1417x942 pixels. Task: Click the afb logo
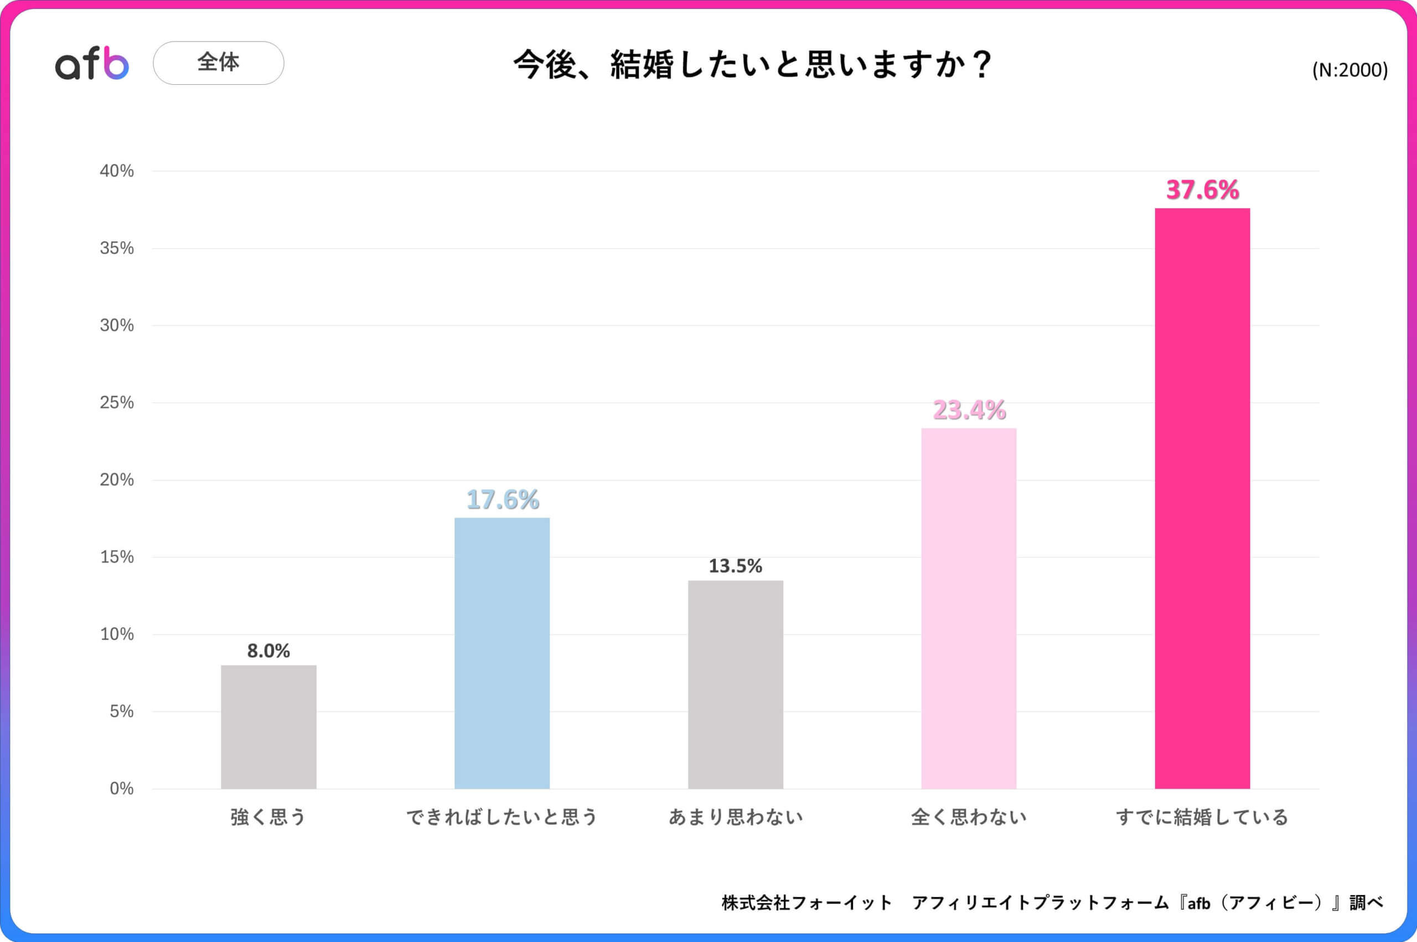click(92, 63)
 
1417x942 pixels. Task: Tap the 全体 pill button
click(218, 63)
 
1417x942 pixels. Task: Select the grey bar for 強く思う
click(268, 727)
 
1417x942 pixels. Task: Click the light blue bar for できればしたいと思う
click(502, 653)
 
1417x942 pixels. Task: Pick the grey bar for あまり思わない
click(736, 684)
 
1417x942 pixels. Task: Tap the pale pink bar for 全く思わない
click(969, 608)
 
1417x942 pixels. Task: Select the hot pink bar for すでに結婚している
click(1202, 498)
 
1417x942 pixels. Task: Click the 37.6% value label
click(1202, 190)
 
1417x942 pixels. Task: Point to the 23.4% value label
click(969, 410)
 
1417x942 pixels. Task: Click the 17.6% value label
click(502, 499)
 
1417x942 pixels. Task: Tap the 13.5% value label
click(736, 566)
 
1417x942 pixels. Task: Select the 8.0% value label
click(268, 651)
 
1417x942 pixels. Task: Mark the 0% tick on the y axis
click(121, 789)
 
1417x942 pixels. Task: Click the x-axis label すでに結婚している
click(1202, 817)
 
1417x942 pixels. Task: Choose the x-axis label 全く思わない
click(969, 817)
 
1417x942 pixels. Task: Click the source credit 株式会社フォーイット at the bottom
click(806, 902)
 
